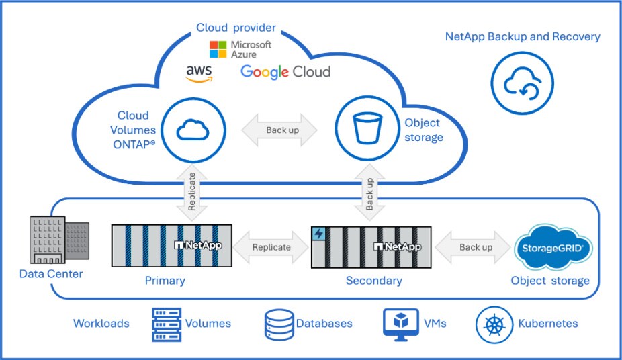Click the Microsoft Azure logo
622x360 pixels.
coord(240,49)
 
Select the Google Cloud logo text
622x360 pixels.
coord(285,72)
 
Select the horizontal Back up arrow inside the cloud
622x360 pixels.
coord(283,130)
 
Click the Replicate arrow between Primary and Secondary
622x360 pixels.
coord(271,247)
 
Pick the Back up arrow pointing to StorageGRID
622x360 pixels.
coord(476,247)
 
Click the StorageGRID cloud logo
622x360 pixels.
coord(552,248)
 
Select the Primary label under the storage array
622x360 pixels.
coord(165,281)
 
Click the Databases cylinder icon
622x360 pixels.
coord(277,324)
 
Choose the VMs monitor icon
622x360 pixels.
coord(400,324)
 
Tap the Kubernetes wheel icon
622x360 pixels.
coord(494,324)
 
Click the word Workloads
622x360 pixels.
coord(101,324)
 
